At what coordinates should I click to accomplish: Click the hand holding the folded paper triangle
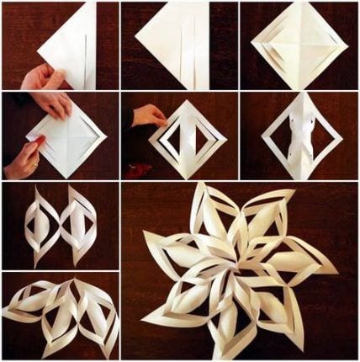tap(42, 79)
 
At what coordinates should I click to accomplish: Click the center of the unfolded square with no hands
tap(299, 46)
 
